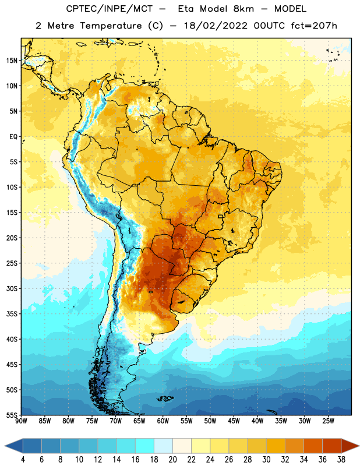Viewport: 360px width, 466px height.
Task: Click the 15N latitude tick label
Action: tap(12, 61)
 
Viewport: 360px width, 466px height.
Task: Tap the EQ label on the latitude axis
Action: tap(13, 137)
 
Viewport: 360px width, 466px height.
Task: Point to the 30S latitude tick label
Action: tap(12, 288)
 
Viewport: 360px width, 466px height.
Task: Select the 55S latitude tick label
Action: tap(12, 415)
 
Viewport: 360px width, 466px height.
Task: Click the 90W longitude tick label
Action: tap(21, 421)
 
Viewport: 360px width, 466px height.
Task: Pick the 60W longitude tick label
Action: tap(163, 421)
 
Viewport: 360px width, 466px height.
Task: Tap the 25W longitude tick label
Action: tap(328, 421)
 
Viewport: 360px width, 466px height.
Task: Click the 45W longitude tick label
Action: tap(234, 421)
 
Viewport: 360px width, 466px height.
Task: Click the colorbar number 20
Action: tap(172, 460)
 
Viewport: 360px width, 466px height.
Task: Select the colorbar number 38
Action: tap(341, 460)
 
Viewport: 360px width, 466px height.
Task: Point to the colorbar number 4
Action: tap(23, 460)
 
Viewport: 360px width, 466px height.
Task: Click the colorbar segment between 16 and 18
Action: tap(145, 446)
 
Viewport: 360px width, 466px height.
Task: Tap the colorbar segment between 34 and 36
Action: tap(313, 446)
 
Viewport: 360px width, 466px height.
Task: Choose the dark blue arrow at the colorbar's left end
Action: tap(14, 446)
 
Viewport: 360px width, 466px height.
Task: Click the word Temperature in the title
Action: tap(111, 26)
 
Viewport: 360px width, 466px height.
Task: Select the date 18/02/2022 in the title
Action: tap(215, 26)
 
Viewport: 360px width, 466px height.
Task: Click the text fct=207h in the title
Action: tap(314, 26)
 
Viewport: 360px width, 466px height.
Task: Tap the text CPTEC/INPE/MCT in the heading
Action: tap(109, 9)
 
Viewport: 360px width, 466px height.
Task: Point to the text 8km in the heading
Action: tap(243, 9)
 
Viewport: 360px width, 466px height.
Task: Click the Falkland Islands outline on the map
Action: tap(165, 398)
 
